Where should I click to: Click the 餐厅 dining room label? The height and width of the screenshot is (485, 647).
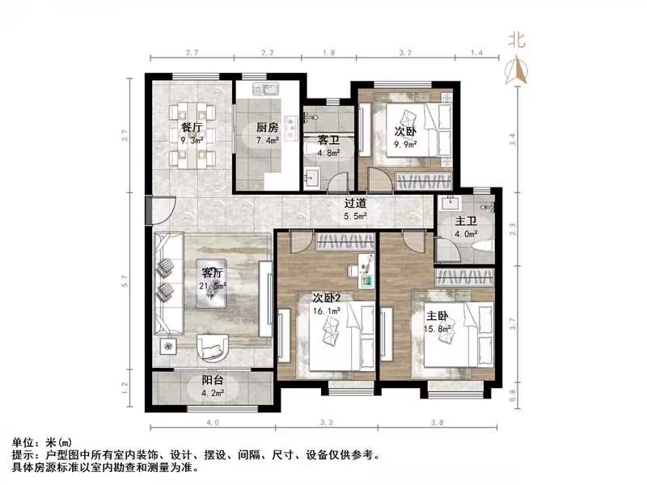pyautogui.click(x=192, y=128)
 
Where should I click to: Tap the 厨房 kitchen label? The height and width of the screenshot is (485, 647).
pyautogui.click(x=268, y=128)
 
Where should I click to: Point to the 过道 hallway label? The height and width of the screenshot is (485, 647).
pyautogui.click(x=356, y=204)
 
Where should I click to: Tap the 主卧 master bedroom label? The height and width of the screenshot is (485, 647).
pyautogui.click(x=438, y=316)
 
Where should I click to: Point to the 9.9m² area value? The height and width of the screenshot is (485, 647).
pyautogui.click(x=405, y=145)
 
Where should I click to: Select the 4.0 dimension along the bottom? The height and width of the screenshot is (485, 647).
pyautogui.click(x=212, y=422)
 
